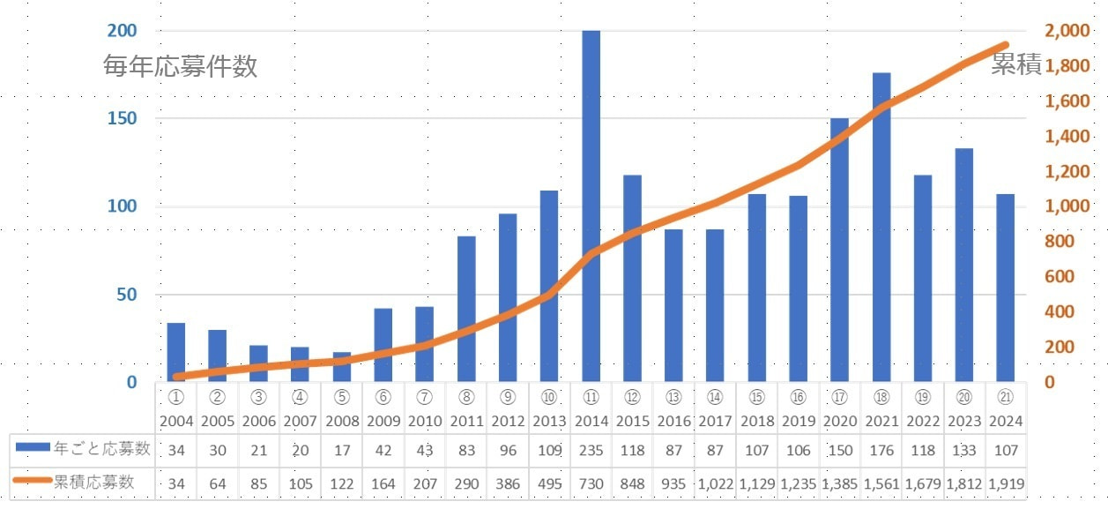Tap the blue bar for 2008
342,366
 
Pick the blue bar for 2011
466,309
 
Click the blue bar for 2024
1006,288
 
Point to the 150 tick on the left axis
123,119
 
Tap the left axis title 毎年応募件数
180,66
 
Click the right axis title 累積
1016,64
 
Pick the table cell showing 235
591,449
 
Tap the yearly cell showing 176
881,449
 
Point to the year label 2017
716,421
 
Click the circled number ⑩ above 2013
549,398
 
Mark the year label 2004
176,421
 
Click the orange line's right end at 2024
1006,44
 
